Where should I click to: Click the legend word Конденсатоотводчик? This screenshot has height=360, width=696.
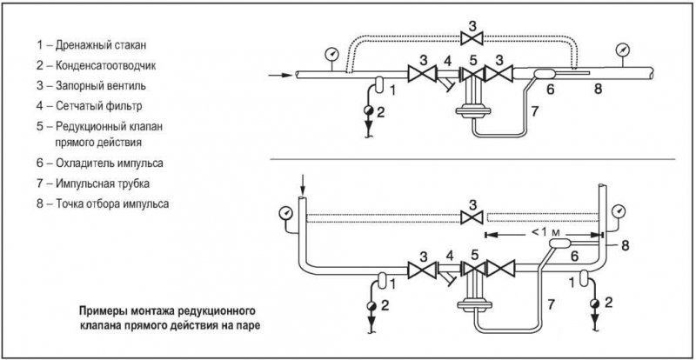click(105, 66)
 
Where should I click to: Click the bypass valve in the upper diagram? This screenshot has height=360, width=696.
click(472, 38)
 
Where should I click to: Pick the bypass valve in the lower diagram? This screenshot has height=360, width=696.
click(472, 218)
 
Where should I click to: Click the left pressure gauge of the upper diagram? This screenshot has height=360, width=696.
click(331, 54)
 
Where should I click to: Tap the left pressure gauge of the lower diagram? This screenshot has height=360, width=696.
click(286, 214)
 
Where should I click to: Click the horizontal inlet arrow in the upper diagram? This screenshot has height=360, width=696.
click(280, 76)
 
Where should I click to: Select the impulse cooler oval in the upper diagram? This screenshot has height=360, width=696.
click(543, 74)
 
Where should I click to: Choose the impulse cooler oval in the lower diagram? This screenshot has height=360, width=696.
click(559, 243)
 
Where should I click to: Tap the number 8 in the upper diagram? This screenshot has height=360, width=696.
click(598, 90)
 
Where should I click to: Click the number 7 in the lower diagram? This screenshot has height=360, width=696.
click(551, 304)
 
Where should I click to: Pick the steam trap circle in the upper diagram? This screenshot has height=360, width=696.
click(368, 110)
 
